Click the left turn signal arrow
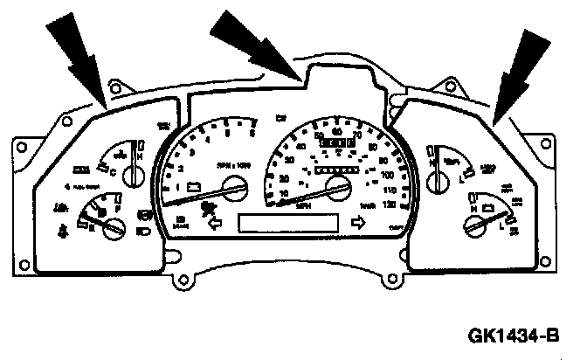(214, 224)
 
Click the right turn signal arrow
(356, 223)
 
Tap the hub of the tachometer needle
(233, 184)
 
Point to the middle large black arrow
(262, 48)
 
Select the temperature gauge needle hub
(133, 178)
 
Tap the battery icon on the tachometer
(197, 186)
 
